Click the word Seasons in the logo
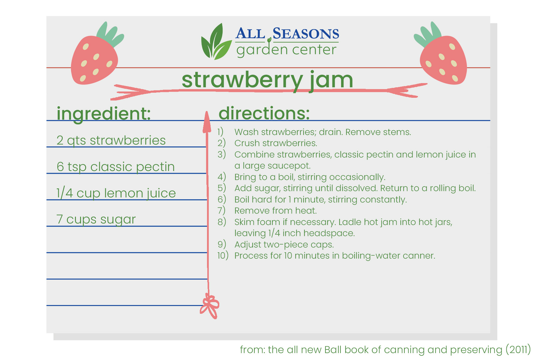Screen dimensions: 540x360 point(306,34)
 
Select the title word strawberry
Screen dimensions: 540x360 point(242,80)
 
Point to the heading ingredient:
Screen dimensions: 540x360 point(103,114)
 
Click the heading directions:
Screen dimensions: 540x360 point(264,113)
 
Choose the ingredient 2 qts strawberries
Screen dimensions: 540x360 point(111,140)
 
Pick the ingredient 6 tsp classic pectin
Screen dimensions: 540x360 point(115,167)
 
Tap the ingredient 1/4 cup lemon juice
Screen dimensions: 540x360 point(116,193)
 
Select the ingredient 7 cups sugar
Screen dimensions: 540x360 point(96,219)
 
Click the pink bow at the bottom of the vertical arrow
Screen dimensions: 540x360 point(210,306)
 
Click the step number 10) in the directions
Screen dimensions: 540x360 point(223,256)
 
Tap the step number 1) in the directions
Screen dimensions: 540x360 point(220,132)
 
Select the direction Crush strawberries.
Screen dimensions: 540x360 point(276,143)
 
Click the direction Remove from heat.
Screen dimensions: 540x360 point(275,211)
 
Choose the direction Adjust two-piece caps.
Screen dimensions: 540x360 point(284,244)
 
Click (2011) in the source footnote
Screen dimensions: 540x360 point(518,349)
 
